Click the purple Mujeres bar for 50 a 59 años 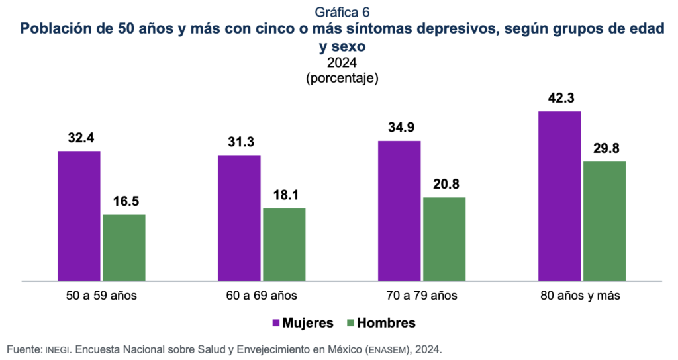pos(79,216)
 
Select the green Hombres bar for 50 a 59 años pos(124,247)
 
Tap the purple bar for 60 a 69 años pos(239,218)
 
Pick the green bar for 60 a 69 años pos(284,244)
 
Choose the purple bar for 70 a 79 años pos(399,210)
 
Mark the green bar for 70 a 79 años pos(444,239)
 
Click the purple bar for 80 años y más pos(559,196)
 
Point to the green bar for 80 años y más pos(604,221)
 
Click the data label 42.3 pos(559,99)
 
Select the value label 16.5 pos(124,202)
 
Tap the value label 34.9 pos(399,128)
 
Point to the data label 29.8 pos(604,149)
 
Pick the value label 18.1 pos(284,195)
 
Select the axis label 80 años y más pos(580,295)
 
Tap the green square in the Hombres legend pos(350,323)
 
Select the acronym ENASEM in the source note pos(385,349)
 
